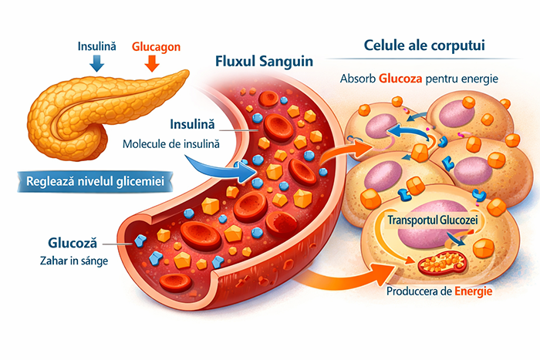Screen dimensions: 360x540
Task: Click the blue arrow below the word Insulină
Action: pos(96,64)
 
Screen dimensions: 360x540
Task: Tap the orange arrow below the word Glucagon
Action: pos(152,64)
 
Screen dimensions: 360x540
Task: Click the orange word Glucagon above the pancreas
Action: pos(157,47)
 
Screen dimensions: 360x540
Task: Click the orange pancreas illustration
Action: pos(100,116)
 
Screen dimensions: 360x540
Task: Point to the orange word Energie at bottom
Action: pos(473,293)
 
